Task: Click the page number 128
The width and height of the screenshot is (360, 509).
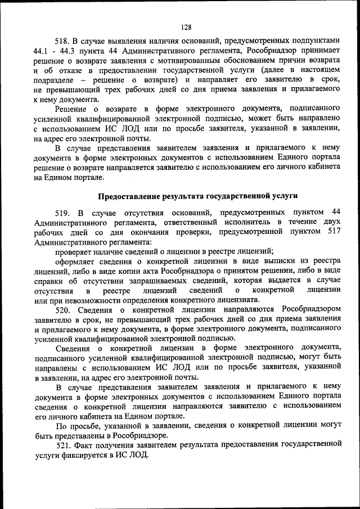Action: coord(187,27)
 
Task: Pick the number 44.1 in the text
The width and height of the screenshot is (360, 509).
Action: coord(42,51)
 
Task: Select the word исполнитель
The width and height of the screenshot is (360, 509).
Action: coord(237,222)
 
